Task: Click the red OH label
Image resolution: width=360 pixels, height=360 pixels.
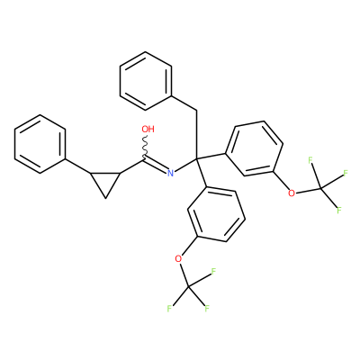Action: tap(148, 130)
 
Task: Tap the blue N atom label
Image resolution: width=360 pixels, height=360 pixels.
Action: tap(170, 173)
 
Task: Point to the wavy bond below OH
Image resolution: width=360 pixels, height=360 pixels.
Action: tap(145, 146)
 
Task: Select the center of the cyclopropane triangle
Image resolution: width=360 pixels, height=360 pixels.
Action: tap(105, 181)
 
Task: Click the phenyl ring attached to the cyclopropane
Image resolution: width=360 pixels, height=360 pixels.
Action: tap(40, 144)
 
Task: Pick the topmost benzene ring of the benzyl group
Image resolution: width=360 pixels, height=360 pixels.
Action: tap(146, 81)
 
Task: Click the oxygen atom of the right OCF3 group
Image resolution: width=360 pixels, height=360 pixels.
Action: tap(291, 193)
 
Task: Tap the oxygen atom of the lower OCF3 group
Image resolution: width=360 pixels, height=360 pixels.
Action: tap(178, 258)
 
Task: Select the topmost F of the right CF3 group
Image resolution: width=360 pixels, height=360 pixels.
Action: tap(310, 160)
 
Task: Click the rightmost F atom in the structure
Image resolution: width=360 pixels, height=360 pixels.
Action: tap(346, 173)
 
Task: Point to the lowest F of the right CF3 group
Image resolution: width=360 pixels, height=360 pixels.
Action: tap(339, 210)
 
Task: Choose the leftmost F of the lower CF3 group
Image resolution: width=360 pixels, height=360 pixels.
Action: tap(169, 309)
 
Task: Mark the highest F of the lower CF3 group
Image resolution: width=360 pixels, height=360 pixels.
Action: tap(213, 272)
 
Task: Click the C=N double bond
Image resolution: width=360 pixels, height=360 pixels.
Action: tap(156, 166)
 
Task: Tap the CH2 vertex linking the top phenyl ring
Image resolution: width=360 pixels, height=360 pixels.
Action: tap(197, 111)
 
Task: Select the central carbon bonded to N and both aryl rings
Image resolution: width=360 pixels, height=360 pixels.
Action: tap(197, 157)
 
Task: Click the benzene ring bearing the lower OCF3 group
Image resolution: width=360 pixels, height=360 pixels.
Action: tap(216, 213)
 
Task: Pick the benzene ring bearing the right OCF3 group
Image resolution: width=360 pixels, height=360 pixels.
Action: tap(255, 148)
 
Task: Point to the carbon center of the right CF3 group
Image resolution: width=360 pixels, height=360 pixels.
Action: tap(320, 188)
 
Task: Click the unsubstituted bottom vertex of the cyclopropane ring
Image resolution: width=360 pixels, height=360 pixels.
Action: tap(105, 198)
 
